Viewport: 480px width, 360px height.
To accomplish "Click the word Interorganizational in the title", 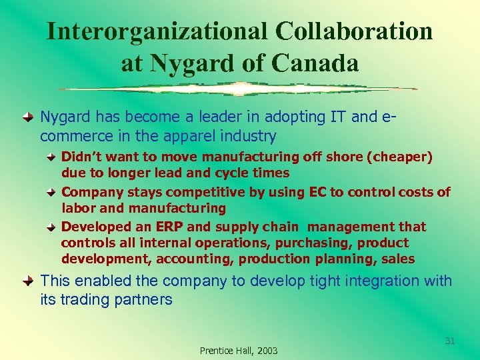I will pyautogui.click(x=157, y=31).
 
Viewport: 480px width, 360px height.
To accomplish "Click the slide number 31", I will pyautogui.click(x=450, y=341).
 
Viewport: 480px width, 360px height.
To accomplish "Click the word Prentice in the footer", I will pyautogui.click(x=215, y=351).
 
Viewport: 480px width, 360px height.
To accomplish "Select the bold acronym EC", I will pyautogui.click(x=317, y=193).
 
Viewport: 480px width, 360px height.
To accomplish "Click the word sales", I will pyautogui.click(x=397, y=259).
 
